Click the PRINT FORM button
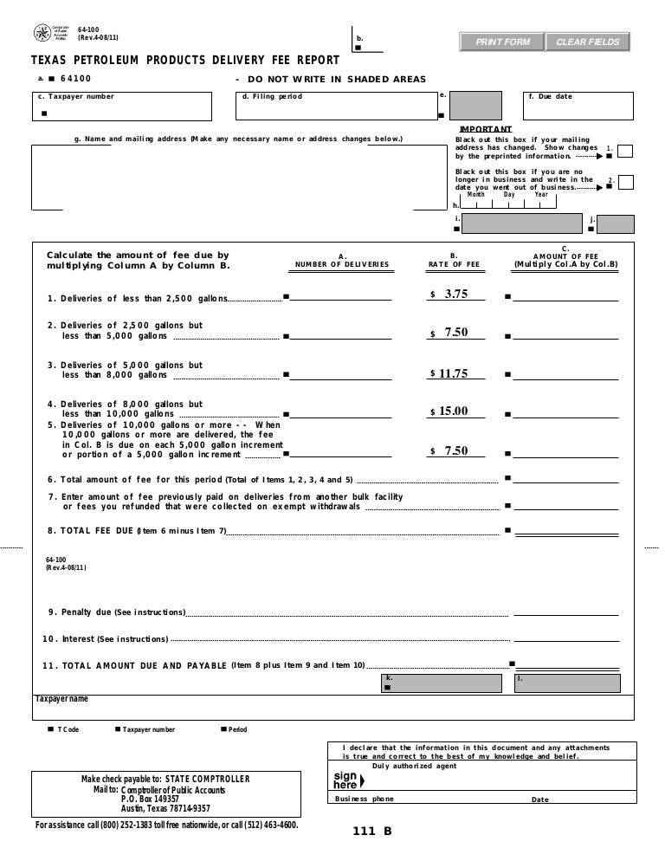[500, 42]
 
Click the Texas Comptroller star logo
[41, 33]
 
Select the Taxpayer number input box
[120, 107]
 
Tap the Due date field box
[577, 107]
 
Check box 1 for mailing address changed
[625, 152]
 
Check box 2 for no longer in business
[625, 183]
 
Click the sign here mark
[345, 780]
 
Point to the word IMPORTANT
[485, 129]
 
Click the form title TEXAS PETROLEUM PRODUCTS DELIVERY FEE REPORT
[179, 61]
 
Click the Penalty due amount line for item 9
[565, 612]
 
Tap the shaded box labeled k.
[442, 683]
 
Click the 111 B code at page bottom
[371, 832]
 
